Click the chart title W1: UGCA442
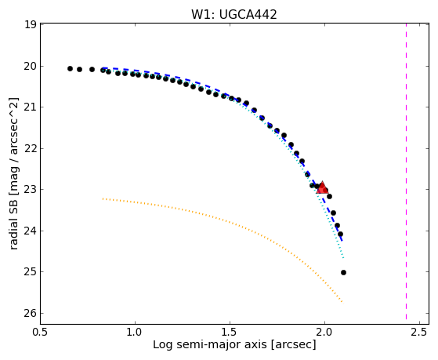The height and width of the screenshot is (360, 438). click(234, 15)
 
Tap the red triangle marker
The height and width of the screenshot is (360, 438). click(322, 188)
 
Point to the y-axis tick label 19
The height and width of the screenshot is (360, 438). click(31, 24)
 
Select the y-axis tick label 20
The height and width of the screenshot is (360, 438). click(31, 66)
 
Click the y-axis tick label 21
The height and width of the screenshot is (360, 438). click(31, 107)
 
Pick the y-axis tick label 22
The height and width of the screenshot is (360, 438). click(31, 148)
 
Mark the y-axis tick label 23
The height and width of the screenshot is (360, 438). click(31, 189)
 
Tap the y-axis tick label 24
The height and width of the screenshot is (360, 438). click(31, 231)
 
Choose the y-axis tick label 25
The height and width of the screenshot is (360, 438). click(31, 272)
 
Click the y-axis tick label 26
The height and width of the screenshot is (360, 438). click(31, 313)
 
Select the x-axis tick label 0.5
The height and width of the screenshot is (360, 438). click(41, 332)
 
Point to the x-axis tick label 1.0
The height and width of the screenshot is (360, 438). click(136, 332)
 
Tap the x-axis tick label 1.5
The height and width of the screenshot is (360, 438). click(230, 332)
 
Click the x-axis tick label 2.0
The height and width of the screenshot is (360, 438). click(324, 332)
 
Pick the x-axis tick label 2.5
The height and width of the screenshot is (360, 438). click(419, 332)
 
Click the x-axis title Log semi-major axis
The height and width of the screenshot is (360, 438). click(210, 345)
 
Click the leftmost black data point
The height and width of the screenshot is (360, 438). click(70, 68)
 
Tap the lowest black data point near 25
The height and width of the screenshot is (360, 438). click(344, 272)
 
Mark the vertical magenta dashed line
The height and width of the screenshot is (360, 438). click(406, 172)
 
